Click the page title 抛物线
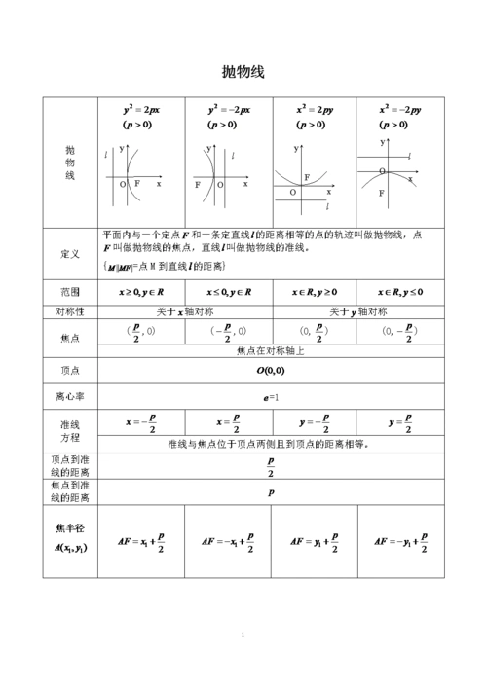point(243,72)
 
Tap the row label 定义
point(70,254)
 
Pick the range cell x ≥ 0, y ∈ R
point(141,291)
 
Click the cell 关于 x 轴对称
point(184,311)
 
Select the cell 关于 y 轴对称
point(357,311)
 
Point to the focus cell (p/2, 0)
point(140,331)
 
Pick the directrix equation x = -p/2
point(141,424)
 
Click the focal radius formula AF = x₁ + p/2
point(141,541)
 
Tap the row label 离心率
point(70,397)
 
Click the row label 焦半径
point(70,527)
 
